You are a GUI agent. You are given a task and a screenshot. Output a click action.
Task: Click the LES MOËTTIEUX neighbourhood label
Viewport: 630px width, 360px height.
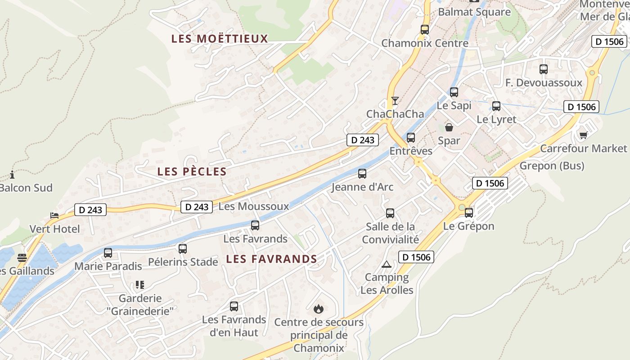tap(220, 39)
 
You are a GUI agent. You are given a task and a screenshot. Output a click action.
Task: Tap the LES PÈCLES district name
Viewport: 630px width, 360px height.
tap(192, 171)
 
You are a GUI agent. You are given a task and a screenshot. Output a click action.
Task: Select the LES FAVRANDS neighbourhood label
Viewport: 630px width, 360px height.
tap(271, 259)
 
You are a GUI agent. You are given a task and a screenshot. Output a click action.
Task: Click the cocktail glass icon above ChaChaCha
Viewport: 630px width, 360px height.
tap(395, 101)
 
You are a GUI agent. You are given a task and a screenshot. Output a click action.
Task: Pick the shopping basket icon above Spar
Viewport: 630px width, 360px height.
tap(449, 127)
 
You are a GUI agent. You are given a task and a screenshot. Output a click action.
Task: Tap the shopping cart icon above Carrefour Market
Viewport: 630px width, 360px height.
tap(584, 135)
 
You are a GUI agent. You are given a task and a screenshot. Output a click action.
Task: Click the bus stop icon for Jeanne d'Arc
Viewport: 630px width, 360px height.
tap(362, 174)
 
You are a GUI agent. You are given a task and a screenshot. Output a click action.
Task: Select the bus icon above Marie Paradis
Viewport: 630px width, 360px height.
tap(108, 253)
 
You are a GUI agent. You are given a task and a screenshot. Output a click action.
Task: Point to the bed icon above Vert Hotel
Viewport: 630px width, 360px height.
tap(54, 216)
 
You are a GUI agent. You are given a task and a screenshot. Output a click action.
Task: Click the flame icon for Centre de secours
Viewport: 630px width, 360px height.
tap(319, 309)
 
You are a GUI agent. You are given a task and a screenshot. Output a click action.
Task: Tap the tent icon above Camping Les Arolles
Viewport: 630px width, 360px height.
tap(386, 264)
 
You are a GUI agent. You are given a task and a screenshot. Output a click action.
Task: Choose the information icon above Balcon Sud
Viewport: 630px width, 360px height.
tap(12, 175)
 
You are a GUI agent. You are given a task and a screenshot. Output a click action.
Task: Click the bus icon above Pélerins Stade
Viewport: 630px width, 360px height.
tap(182, 249)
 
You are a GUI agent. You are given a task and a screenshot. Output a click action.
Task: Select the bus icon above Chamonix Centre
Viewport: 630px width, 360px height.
tap(424, 30)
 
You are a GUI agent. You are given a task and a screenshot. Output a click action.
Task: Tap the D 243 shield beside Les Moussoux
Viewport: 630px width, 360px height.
tap(197, 207)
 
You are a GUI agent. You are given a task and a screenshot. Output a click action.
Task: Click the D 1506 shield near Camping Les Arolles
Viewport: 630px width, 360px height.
tap(416, 257)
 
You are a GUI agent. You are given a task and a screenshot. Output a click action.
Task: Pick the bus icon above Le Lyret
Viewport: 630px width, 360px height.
tap(496, 106)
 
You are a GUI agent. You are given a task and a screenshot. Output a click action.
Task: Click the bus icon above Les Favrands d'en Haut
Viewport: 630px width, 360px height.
tap(234, 306)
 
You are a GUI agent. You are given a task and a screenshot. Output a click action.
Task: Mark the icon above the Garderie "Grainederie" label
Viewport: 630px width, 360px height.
tap(139, 285)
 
